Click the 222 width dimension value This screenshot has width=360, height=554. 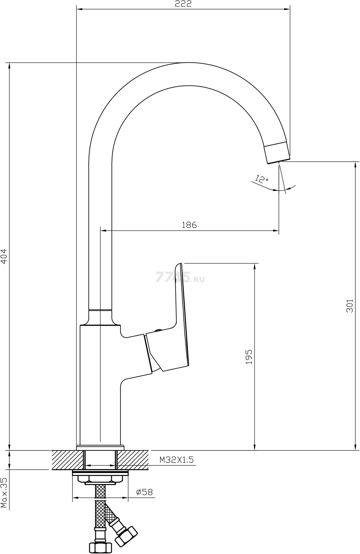(x=184, y=4)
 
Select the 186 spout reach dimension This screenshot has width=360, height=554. (x=189, y=225)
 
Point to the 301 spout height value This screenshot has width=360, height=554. (x=350, y=306)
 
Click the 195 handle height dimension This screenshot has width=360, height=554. (x=249, y=356)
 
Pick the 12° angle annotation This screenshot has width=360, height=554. (x=261, y=179)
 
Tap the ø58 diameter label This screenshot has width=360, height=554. (x=145, y=492)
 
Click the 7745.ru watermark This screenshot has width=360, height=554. (x=180, y=277)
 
